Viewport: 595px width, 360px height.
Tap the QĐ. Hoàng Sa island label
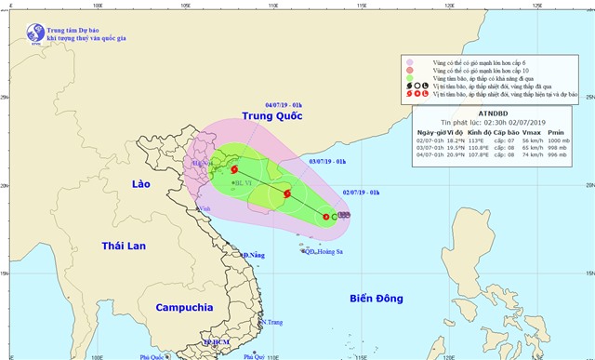[x=324, y=251]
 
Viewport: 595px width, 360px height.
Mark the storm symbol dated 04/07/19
[x=234, y=169]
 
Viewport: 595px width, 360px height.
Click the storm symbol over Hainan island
[x=287, y=194]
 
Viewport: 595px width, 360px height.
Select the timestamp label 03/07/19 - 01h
[x=326, y=161]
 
